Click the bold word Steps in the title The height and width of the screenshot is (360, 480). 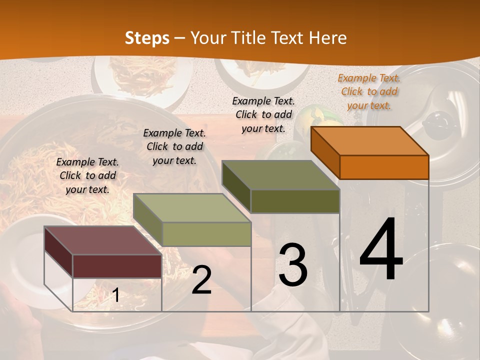(147, 38)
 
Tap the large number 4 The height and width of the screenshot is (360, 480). (381, 249)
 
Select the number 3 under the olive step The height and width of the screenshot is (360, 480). (293, 264)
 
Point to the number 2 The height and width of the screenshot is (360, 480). (201, 280)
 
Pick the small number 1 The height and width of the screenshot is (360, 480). (115, 295)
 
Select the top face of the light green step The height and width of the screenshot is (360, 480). (192, 208)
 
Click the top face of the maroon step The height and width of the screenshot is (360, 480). (102, 240)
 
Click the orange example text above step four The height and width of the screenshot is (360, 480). (369, 91)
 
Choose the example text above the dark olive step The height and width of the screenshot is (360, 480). (263, 114)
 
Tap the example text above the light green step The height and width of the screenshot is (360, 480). (174, 146)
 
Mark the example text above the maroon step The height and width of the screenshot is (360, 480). (87, 175)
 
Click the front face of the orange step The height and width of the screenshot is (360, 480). (384, 167)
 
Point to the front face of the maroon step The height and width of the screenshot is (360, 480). (117, 266)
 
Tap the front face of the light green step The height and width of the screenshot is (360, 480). (206, 234)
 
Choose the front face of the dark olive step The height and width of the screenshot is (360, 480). (295, 201)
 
